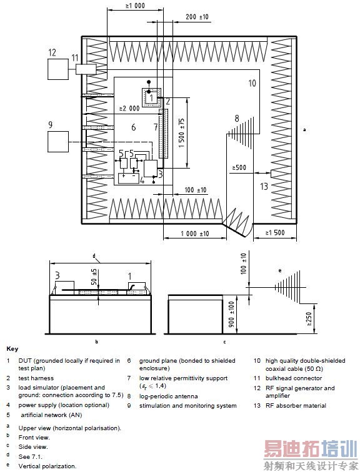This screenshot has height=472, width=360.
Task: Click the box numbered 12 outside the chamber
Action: click(x=58, y=69)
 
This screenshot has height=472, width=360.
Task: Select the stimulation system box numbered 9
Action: click(x=58, y=142)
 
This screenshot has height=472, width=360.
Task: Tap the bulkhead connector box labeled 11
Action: click(x=86, y=69)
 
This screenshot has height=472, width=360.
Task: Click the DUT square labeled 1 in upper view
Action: click(x=151, y=97)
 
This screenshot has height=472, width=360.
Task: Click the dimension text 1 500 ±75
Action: click(x=181, y=132)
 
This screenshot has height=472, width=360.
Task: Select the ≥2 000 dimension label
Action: click(x=129, y=108)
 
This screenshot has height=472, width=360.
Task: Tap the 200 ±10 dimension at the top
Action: click(x=197, y=17)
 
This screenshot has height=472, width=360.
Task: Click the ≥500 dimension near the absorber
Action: click(x=239, y=167)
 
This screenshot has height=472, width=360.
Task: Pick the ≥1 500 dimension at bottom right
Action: click(x=275, y=232)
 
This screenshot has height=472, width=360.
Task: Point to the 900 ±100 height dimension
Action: click(x=231, y=314)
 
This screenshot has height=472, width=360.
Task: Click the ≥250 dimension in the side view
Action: click(x=309, y=319)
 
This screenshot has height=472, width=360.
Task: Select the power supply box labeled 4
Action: click(x=129, y=179)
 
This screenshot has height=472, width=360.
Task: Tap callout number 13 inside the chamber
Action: click(x=264, y=186)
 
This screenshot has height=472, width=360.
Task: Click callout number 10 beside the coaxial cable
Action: click(x=252, y=83)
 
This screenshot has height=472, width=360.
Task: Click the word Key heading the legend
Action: click(x=12, y=349)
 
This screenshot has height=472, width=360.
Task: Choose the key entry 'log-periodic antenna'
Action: click(x=168, y=396)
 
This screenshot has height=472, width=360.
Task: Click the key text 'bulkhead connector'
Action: click(x=294, y=378)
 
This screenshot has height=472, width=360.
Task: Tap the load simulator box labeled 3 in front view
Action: click(x=65, y=286)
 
